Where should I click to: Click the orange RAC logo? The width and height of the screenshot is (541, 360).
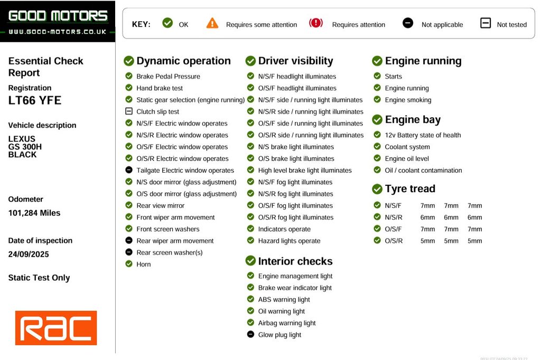point(56,328)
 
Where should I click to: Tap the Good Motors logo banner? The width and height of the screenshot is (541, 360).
point(58,22)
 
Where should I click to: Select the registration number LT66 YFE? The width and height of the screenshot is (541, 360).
point(35,100)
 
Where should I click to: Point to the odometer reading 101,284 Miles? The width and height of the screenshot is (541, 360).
point(34,213)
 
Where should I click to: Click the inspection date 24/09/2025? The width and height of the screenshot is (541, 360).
point(29,254)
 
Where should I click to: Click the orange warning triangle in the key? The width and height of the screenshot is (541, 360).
point(212,23)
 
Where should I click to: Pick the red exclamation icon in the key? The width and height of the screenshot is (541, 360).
point(316,23)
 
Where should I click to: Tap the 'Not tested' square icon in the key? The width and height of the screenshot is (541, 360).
point(486,23)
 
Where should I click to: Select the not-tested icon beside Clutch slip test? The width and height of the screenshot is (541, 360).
point(129,111)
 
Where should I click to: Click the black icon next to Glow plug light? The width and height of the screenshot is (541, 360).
point(250,335)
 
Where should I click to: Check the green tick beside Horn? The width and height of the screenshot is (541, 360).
point(129,264)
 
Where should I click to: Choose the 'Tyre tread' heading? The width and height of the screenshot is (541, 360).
point(410,189)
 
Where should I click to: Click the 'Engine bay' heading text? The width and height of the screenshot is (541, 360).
point(413,120)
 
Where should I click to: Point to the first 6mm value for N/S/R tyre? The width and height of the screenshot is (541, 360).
point(428,217)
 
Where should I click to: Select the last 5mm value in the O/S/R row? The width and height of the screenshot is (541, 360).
point(474,241)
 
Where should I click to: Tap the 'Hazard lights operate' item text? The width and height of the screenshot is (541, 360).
point(289,241)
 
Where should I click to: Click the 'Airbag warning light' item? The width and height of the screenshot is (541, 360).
point(287,323)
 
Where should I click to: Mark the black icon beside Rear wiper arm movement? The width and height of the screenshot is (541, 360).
point(129,241)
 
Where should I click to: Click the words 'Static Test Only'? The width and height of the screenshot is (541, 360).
point(39,278)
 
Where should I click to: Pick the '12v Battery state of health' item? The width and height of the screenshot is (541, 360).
point(423,135)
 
